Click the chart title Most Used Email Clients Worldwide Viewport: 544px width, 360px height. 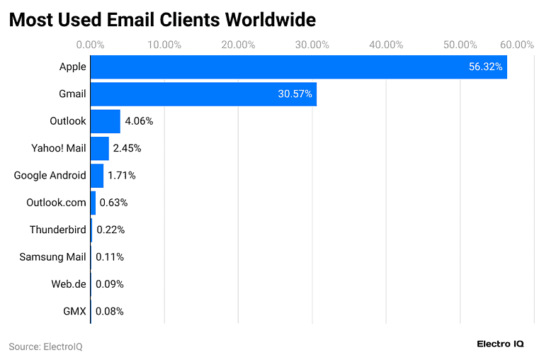pyautogui.click(x=162, y=19)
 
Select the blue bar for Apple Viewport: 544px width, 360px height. pyautogui.click(x=298, y=67)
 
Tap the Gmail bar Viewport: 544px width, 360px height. pyautogui.click(x=203, y=94)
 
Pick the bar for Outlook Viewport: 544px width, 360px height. pyautogui.click(x=105, y=121)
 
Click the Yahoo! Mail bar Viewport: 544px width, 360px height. pyautogui.click(x=99, y=149)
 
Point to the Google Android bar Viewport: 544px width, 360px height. pyautogui.click(x=96, y=176)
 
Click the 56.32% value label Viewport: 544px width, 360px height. pyautogui.click(x=485, y=67)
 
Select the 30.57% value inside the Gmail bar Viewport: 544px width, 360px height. pyautogui.click(x=295, y=94)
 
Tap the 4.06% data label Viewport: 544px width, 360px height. pyautogui.click(x=139, y=121)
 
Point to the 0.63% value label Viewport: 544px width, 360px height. pyautogui.click(x=113, y=203)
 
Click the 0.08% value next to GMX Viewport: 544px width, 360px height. pyautogui.click(x=109, y=311)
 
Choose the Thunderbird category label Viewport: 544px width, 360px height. pyautogui.click(x=57, y=230)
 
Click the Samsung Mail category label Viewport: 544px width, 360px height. pyautogui.click(x=52, y=257)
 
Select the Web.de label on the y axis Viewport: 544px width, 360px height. pyautogui.click(x=68, y=284)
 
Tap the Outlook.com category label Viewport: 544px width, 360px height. pyautogui.click(x=56, y=203)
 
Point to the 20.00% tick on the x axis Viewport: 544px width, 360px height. pyautogui.click(x=238, y=45)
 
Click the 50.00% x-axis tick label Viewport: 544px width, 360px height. pyautogui.click(x=460, y=45)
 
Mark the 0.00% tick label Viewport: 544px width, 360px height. pyautogui.click(x=90, y=45)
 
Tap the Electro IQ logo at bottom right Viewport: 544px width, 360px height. pyautogui.click(x=500, y=344)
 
